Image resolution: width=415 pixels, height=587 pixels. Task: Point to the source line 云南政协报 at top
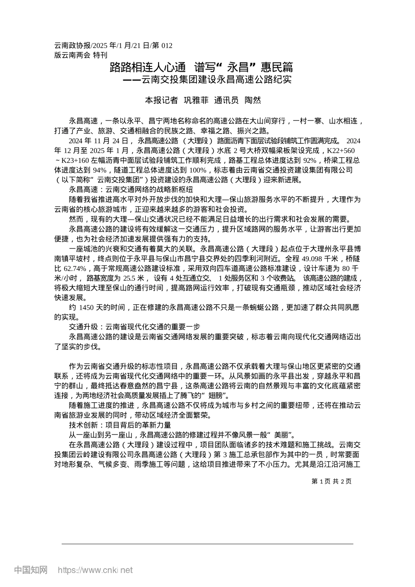click(x=73, y=45)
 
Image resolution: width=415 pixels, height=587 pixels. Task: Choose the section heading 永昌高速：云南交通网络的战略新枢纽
click(x=131, y=190)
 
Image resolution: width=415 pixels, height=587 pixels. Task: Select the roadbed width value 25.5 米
click(x=134, y=278)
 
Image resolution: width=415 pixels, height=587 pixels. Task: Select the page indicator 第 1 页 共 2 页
click(x=331, y=481)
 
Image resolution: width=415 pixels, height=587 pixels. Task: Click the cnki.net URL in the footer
click(x=95, y=570)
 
